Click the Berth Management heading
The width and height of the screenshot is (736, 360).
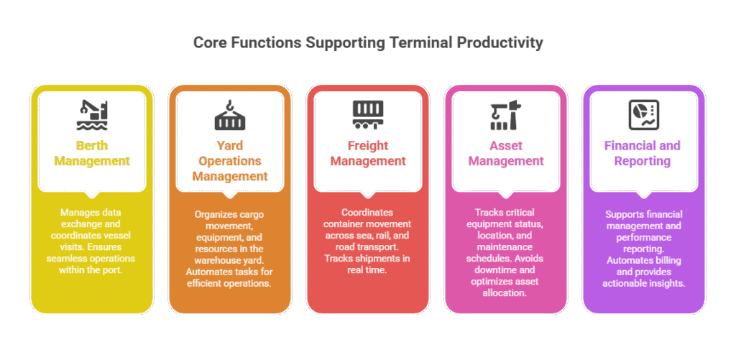coord(92,154)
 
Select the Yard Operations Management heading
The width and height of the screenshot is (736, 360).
coord(230,161)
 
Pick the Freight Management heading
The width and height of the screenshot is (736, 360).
coord(368,154)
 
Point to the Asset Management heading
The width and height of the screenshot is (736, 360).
coord(506,154)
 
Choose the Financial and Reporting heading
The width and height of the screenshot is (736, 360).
coord(643,154)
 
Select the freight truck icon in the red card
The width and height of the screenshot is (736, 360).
coord(368,112)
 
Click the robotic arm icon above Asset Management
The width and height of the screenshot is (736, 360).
coord(506,113)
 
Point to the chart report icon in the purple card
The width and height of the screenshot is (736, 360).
coord(643,112)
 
